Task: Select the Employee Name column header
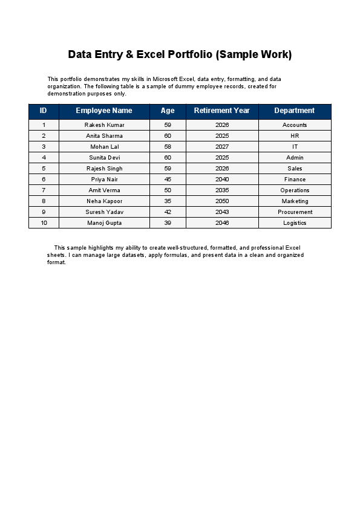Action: point(104,111)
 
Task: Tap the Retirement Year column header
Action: point(222,111)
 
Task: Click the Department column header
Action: point(295,111)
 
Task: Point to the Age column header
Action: point(168,111)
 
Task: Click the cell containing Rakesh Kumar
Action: point(104,125)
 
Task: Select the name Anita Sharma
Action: point(104,136)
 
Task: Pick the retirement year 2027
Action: point(222,147)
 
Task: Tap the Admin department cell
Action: point(295,158)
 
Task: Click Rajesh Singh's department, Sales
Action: point(295,169)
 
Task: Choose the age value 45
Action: point(168,180)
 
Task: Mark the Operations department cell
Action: point(295,190)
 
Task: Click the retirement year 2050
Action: point(222,201)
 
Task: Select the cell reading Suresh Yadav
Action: point(104,212)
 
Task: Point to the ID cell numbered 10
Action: point(44,223)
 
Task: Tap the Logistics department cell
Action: point(295,223)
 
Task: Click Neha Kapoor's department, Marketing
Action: point(295,201)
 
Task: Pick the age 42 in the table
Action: point(168,212)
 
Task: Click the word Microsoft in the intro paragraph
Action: point(169,79)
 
